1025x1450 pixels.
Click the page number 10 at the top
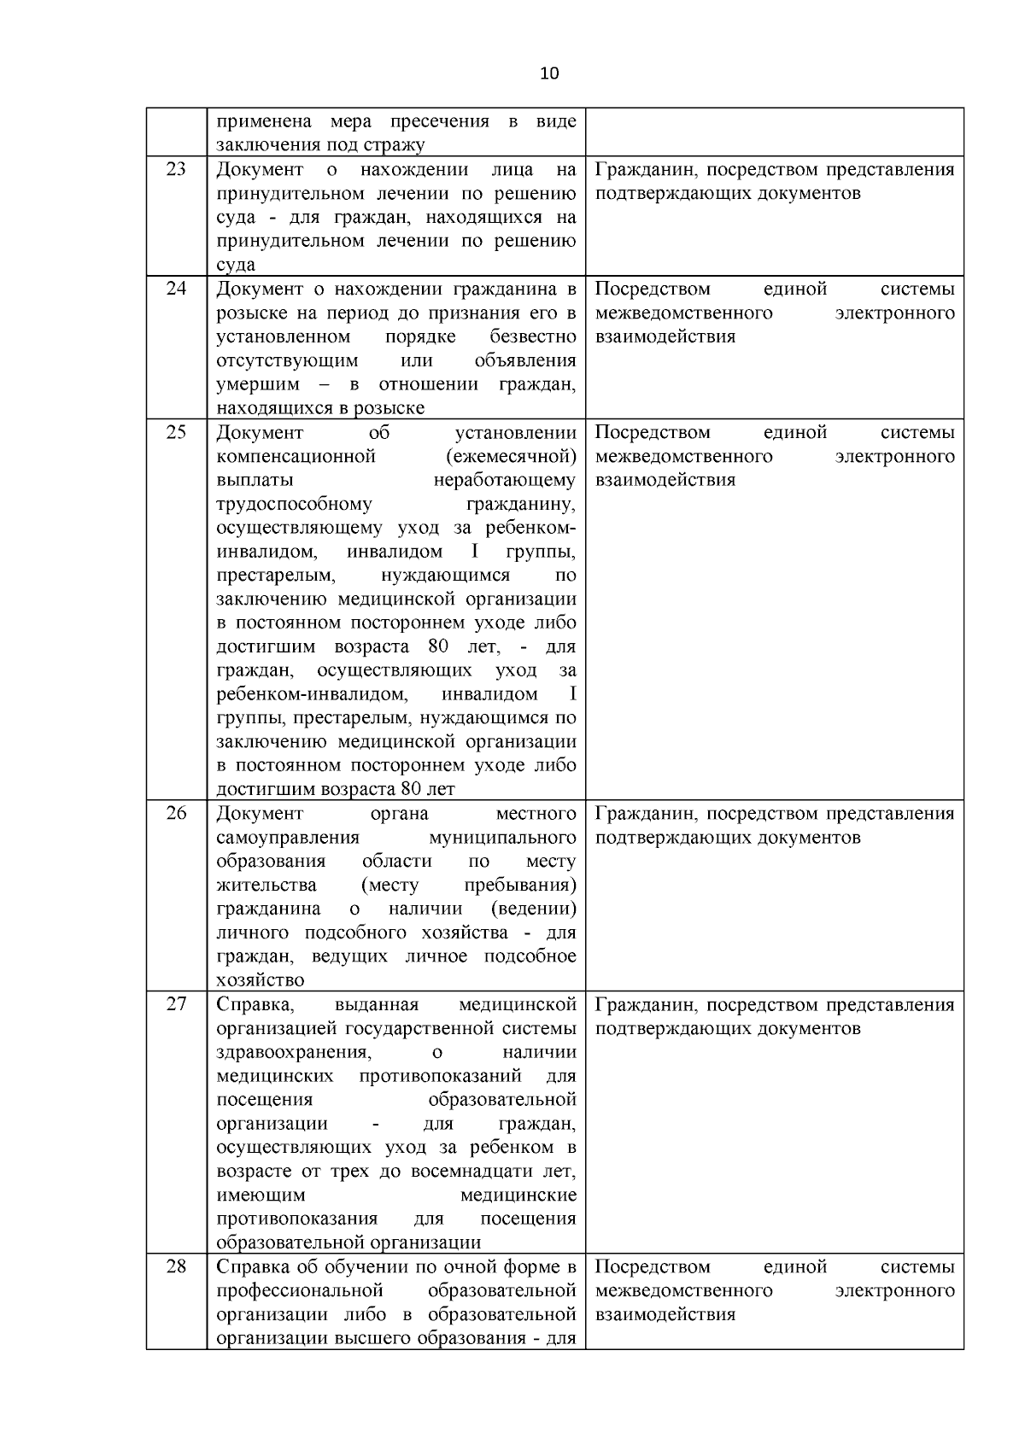click(x=549, y=73)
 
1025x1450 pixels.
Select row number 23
click(x=176, y=169)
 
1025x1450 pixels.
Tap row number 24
click(x=176, y=289)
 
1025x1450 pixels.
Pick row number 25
click(x=176, y=432)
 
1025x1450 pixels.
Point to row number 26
click(x=176, y=813)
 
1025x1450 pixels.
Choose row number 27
click(x=176, y=1004)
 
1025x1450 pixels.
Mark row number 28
click(x=176, y=1266)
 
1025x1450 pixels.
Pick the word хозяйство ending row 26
click(x=261, y=980)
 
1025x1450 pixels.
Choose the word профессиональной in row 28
click(x=300, y=1290)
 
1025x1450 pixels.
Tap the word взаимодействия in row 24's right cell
click(x=665, y=336)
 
